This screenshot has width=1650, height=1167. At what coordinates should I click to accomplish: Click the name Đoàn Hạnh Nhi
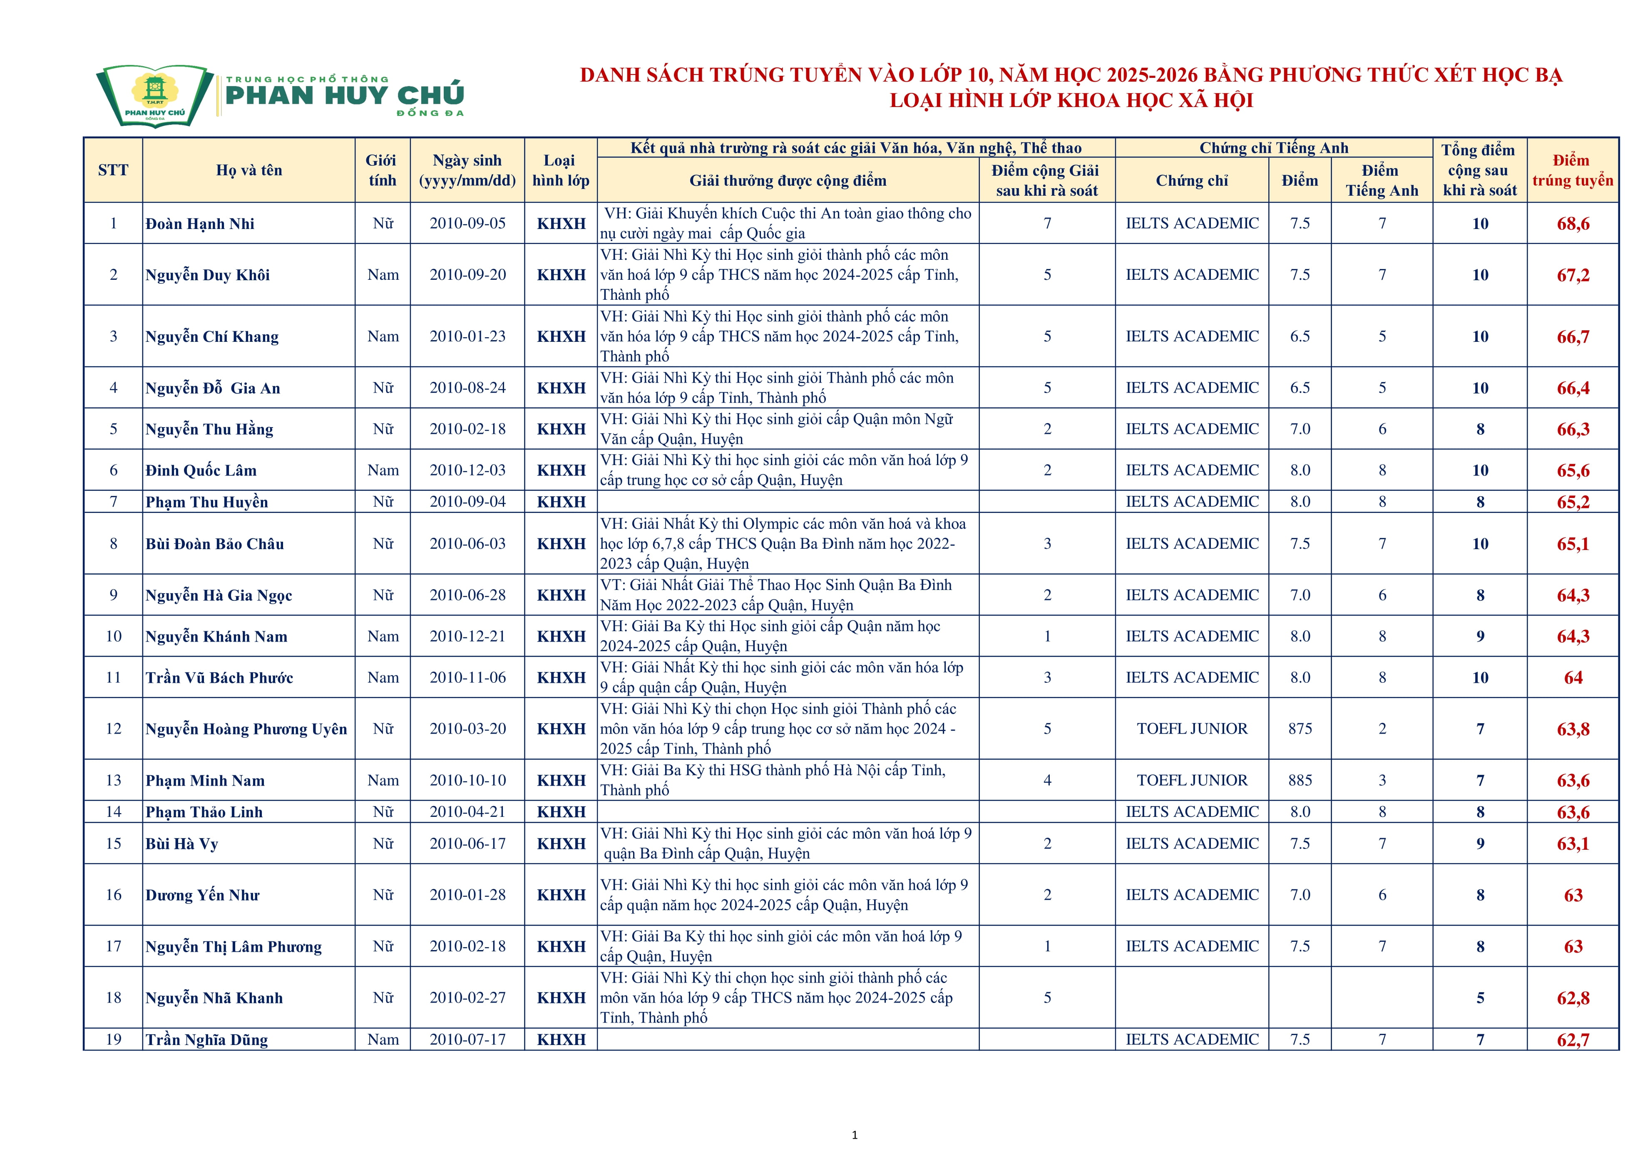[200, 224]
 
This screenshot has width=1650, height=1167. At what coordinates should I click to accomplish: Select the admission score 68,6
[1573, 224]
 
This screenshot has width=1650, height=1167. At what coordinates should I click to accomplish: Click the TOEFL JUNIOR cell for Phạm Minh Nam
[1192, 780]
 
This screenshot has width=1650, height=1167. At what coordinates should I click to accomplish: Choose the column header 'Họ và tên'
[248, 170]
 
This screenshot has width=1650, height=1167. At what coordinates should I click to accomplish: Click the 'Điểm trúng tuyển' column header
[1573, 170]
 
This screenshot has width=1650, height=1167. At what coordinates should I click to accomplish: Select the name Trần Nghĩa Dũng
[206, 1040]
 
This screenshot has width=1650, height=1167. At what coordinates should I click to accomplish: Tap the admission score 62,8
[1573, 998]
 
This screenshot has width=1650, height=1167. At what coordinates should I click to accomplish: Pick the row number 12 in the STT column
[114, 729]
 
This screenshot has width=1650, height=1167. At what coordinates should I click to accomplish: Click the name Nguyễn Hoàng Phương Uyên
[246, 729]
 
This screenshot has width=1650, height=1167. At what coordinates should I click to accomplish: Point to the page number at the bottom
[855, 1135]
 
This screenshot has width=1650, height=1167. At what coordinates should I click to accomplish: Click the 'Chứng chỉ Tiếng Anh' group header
[1273, 148]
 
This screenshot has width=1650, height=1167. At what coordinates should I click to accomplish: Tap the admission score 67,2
[1573, 275]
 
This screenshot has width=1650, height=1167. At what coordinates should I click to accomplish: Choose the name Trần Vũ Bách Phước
[219, 678]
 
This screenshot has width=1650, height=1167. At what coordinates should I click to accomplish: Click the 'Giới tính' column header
[382, 170]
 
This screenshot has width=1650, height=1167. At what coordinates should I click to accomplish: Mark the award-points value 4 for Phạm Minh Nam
[1047, 780]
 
